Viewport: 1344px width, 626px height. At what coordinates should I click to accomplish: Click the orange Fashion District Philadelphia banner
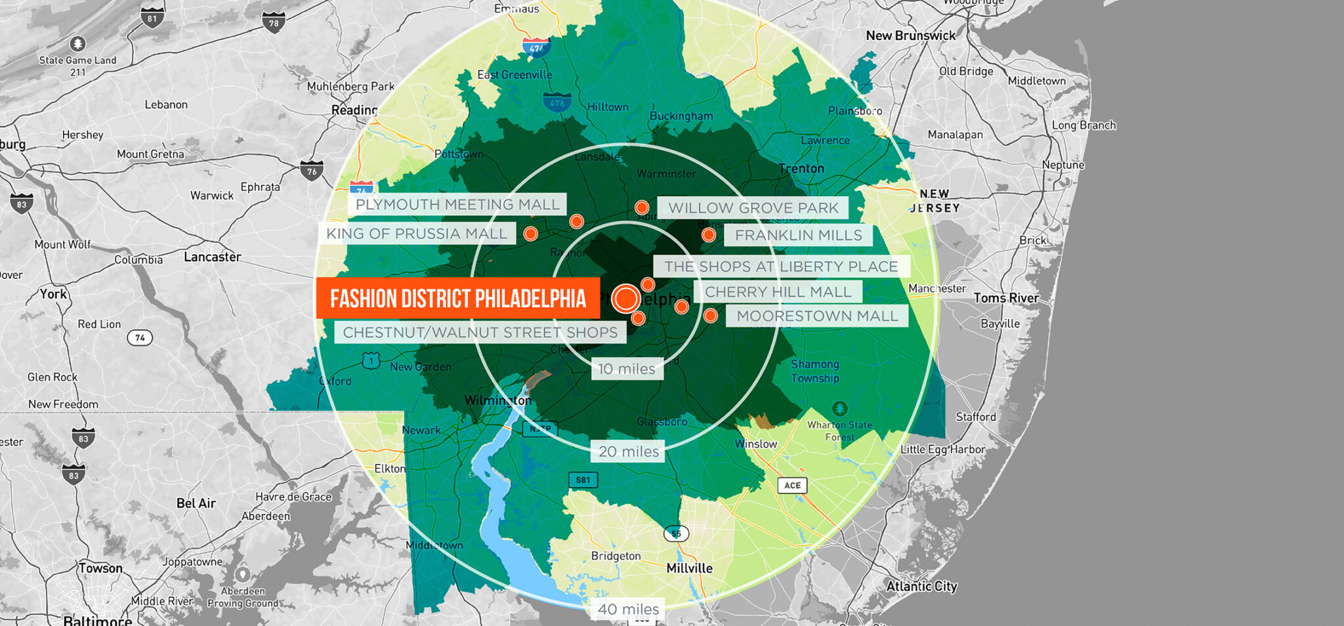tap(457, 298)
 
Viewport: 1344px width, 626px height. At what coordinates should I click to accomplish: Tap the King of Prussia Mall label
tap(416, 234)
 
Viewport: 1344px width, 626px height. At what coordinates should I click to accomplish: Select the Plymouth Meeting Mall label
tap(457, 205)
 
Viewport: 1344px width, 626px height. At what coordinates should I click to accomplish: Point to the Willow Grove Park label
tap(753, 208)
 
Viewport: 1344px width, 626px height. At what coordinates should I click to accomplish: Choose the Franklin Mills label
tap(798, 236)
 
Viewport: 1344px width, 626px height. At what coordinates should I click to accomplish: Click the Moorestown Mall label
tap(817, 316)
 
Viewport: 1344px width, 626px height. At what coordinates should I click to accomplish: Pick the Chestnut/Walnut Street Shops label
tap(480, 333)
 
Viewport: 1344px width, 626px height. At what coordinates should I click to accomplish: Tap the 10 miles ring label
tap(627, 369)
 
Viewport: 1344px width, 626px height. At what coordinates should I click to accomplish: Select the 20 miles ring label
tap(628, 451)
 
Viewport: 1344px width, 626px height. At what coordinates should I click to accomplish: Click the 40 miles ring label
tap(628, 609)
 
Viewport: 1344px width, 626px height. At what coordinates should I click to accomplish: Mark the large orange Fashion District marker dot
tap(626, 299)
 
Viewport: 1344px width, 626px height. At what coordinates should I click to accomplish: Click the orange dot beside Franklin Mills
tap(708, 235)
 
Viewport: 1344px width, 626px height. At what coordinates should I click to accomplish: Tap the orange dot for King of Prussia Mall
tap(531, 234)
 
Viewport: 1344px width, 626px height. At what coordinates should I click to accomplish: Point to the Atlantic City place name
tap(921, 586)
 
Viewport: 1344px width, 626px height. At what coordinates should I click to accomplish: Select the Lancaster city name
tap(212, 257)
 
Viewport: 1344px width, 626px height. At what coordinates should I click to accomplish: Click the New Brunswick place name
tap(911, 35)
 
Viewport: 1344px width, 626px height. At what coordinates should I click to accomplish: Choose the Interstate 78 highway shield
tap(273, 23)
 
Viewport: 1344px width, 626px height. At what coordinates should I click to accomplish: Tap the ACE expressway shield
tap(792, 486)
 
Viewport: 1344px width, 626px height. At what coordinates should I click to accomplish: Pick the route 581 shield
tap(583, 480)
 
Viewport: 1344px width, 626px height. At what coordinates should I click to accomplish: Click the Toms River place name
tap(1006, 298)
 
